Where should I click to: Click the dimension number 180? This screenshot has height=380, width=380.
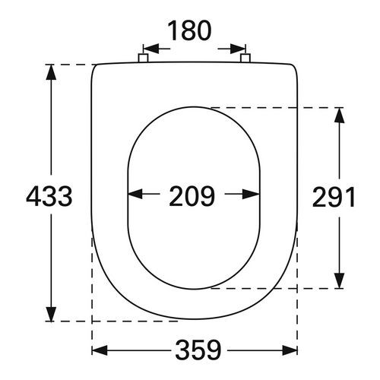pyautogui.click(x=190, y=33)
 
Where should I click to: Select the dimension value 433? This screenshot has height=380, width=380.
pyautogui.click(x=49, y=197)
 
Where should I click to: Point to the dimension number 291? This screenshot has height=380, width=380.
pyautogui.click(x=334, y=197)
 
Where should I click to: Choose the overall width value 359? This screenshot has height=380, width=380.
pyautogui.click(x=195, y=350)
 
